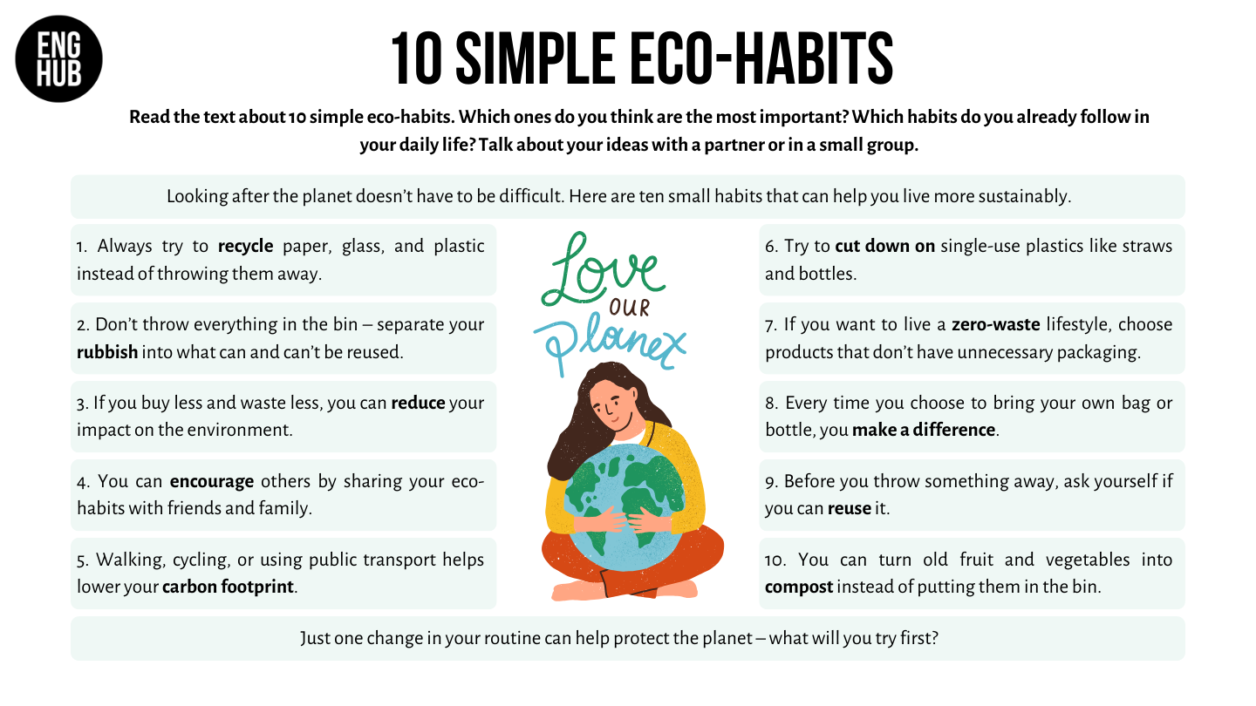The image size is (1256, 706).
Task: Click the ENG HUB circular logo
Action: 59,59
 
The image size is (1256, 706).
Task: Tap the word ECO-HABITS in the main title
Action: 761,59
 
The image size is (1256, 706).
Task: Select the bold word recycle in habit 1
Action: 246,247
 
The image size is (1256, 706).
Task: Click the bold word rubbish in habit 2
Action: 107,352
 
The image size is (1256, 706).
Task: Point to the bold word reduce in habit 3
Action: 419,403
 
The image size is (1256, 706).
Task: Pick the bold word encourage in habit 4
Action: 212,482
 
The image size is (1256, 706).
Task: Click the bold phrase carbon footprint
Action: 228,587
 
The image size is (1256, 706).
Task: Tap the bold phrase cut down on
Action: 884,246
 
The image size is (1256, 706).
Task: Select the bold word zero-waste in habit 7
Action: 996,324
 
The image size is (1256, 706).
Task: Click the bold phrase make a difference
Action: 924,430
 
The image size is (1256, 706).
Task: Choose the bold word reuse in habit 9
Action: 850,509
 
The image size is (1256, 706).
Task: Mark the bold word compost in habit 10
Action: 799,587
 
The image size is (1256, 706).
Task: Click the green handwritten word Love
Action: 603,270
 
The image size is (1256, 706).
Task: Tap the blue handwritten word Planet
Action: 610,343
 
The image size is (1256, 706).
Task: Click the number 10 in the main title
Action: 417,59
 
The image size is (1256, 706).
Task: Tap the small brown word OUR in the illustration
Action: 630,308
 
